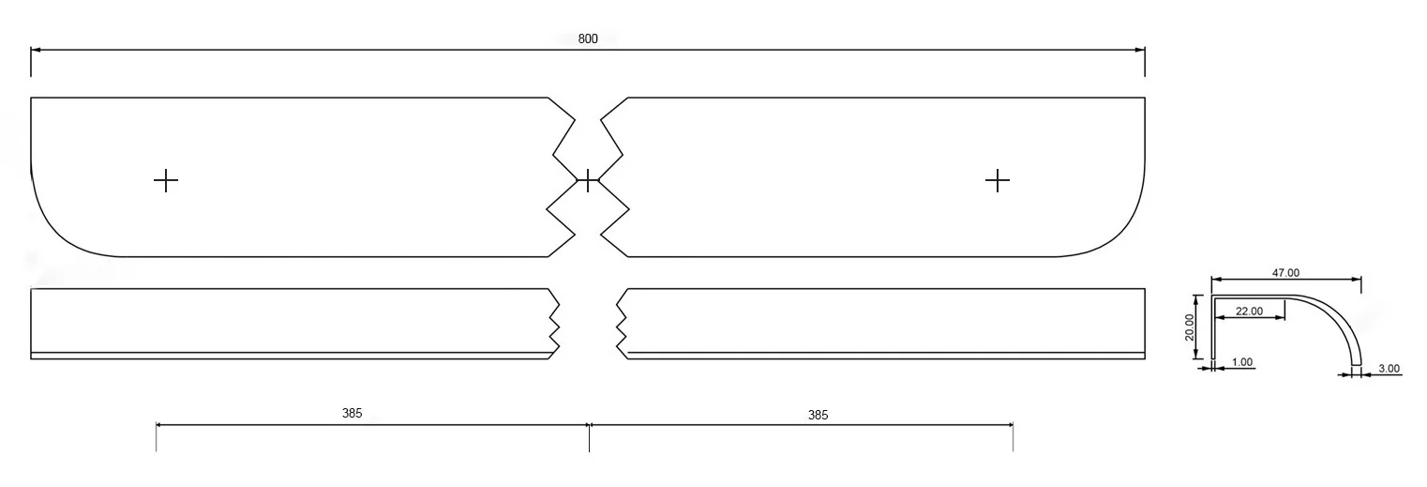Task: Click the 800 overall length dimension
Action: click(x=587, y=38)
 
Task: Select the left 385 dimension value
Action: click(x=352, y=413)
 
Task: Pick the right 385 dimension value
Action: click(x=818, y=415)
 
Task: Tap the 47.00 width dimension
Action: click(x=1285, y=273)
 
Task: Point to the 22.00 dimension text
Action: click(x=1249, y=312)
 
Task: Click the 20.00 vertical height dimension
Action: click(x=1190, y=327)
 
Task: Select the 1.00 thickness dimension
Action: click(x=1242, y=362)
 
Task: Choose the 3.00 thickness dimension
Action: click(x=1389, y=369)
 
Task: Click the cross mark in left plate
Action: click(x=166, y=181)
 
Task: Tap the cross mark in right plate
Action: click(x=997, y=181)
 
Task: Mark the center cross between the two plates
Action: click(x=587, y=180)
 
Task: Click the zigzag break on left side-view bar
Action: click(x=553, y=324)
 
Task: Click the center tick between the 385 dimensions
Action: click(x=590, y=436)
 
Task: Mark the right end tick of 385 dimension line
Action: click(x=1013, y=436)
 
